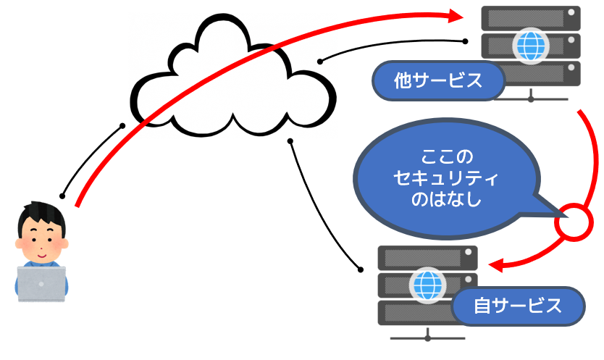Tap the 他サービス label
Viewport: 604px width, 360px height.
point(438,80)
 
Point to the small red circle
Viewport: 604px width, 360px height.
point(573,225)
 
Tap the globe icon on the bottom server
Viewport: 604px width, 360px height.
point(427,285)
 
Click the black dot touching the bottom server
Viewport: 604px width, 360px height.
point(360,267)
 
